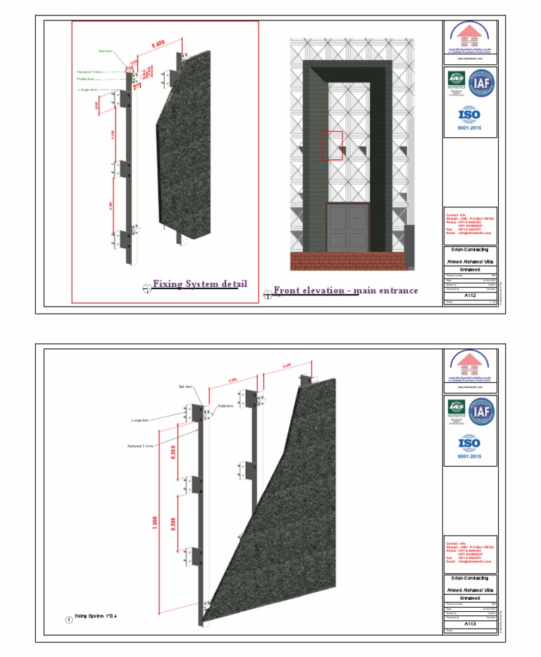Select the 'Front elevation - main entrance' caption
pos(345,290)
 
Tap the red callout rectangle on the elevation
pos(332,146)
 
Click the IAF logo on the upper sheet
pos(483,82)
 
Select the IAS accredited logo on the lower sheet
pos(456,410)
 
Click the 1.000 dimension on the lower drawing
pos(154,522)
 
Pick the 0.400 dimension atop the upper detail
pos(158,46)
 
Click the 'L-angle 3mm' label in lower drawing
pos(142,420)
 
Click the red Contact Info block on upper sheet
pos(469,223)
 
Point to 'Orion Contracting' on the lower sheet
pos(469,578)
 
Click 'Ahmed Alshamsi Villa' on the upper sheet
pos(469,261)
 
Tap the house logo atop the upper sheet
pos(469,36)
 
